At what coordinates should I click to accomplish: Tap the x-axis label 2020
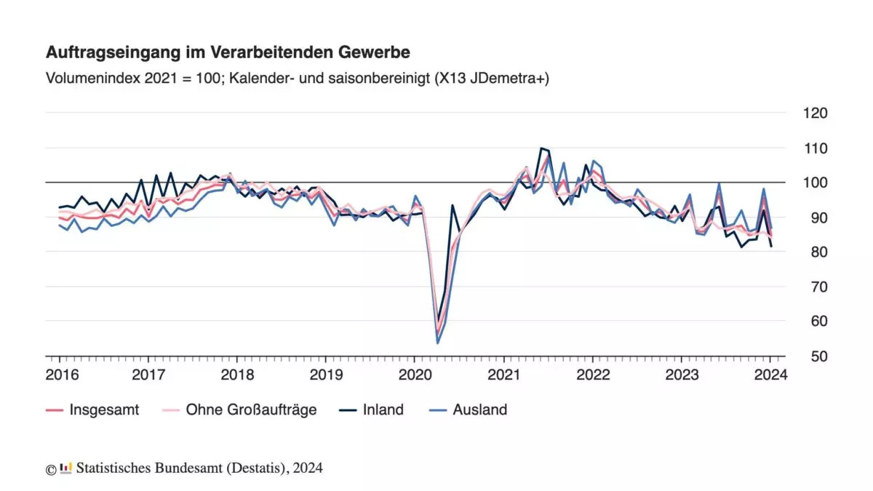tap(414, 375)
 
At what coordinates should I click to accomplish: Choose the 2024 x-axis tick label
tap(769, 375)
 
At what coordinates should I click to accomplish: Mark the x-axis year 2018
tap(236, 375)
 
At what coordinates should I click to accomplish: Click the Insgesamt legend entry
tap(104, 410)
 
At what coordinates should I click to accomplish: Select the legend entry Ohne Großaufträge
tap(251, 410)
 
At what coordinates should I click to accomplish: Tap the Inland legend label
tap(383, 410)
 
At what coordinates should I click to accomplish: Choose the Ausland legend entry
tap(479, 410)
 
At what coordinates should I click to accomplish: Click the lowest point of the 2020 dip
tap(438, 343)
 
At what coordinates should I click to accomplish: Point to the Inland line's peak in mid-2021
tap(541, 148)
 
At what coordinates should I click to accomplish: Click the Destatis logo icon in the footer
tap(66, 468)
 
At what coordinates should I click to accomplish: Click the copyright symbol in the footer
tap(51, 469)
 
